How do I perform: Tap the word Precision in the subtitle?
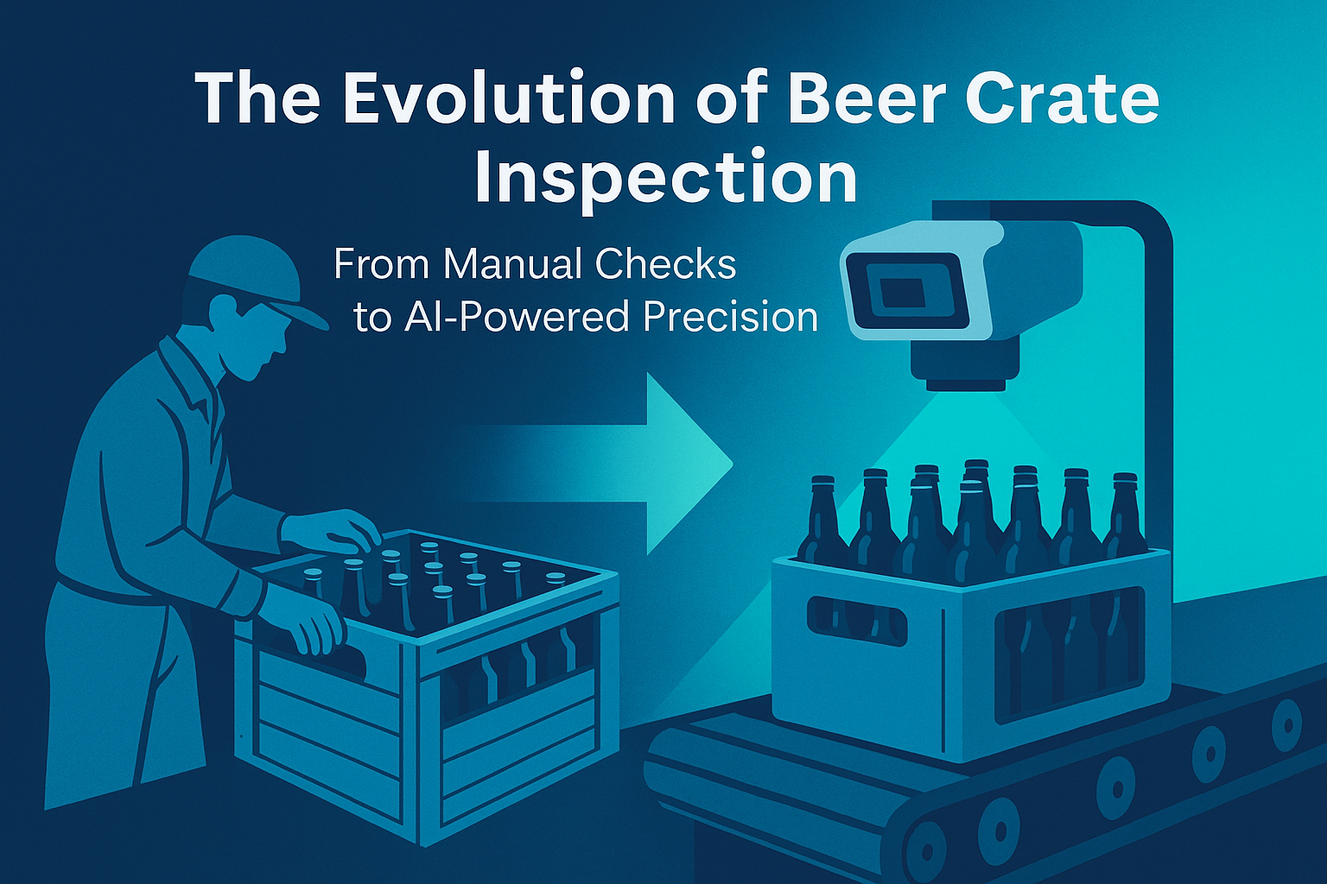[730, 317]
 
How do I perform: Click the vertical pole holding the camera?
[1155, 385]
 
